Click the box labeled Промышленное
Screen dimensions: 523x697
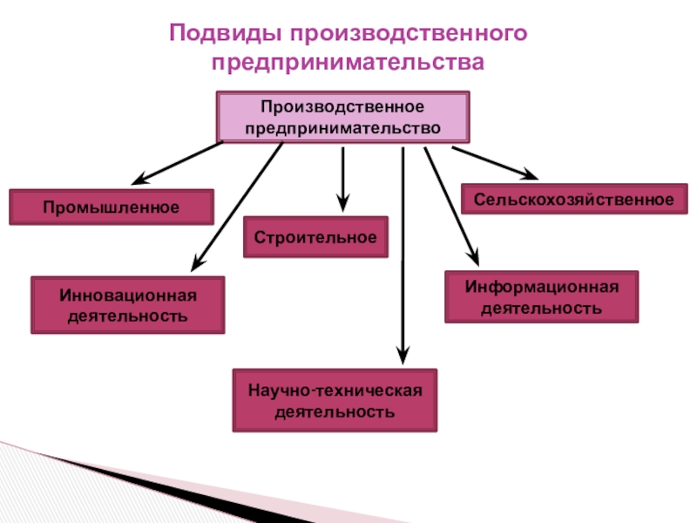pos(112,207)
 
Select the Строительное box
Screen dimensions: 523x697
pos(315,237)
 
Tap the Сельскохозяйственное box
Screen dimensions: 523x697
pos(574,200)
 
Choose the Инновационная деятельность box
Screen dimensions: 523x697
pos(128,304)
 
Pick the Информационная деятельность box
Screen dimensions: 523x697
pos(541,297)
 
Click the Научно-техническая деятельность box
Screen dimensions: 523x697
pos(335,400)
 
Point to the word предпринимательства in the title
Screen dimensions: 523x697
pos(348,63)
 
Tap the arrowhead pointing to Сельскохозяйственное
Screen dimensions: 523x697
pos(531,173)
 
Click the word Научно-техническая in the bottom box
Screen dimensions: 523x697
pos(335,390)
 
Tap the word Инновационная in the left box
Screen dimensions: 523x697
pos(128,295)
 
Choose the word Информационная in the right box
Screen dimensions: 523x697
pos(541,287)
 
